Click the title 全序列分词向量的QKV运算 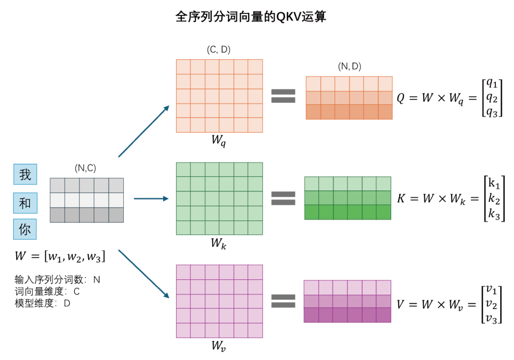tap(251, 17)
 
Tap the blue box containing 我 tap(25, 175)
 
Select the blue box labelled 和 tap(25, 203)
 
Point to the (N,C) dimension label tap(86, 168)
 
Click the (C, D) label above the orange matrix tap(219, 50)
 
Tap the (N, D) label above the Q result tap(349, 67)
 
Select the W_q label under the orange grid tap(219, 140)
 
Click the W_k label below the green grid tap(219, 244)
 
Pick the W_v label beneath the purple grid tap(219, 346)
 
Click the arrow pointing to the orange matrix tap(144, 131)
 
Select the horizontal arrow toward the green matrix tap(152, 199)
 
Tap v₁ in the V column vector tap(492, 290)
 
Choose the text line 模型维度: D tap(42, 303)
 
